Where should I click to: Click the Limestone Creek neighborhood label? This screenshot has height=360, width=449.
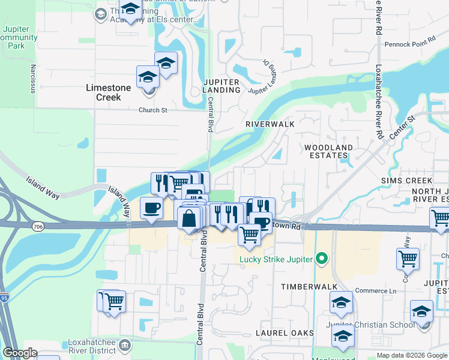point(108,92)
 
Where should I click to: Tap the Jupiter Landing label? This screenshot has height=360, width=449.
point(221,86)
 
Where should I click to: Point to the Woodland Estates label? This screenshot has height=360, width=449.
point(328,151)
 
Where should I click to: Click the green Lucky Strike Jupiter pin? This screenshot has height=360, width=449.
point(322,259)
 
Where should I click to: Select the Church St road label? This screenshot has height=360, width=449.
point(152,110)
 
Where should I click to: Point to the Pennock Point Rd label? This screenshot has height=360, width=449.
point(409,44)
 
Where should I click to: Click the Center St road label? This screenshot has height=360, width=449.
point(403,128)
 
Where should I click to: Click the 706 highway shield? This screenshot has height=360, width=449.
point(38,226)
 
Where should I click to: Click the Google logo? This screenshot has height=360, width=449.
point(20,353)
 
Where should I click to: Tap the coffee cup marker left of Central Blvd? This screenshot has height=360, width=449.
point(151,208)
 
